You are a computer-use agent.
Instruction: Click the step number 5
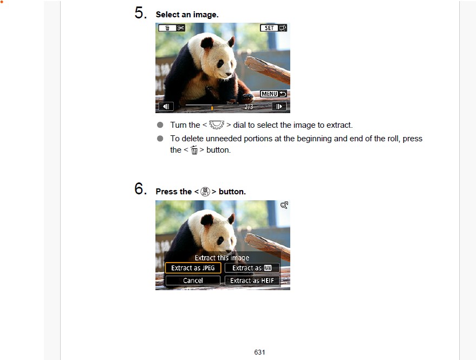tap(141, 13)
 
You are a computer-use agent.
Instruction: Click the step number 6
tap(141, 188)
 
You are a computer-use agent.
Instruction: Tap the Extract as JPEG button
tap(193, 268)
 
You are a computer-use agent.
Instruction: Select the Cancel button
tap(193, 280)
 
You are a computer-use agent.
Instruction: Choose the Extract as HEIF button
tap(252, 280)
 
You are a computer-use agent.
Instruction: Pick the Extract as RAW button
tap(252, 268)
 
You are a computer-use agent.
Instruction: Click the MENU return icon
tap(273, 94)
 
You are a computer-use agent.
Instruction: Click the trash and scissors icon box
tap(172, 28)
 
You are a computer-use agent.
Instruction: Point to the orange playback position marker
tap(212, 108)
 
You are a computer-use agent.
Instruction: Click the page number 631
tap(259, 352)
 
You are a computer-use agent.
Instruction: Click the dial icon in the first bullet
tap(217, 125)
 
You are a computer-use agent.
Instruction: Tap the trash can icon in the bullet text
tap(194, 150)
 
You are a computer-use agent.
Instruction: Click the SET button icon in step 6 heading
tap(205, 192)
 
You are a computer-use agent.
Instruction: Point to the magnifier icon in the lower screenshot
tap(284, 205)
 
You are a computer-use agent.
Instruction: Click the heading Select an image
tap(187, 15)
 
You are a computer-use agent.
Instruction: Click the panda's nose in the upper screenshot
tap(229, 74)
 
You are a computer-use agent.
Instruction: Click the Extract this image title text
tap(222, 258)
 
